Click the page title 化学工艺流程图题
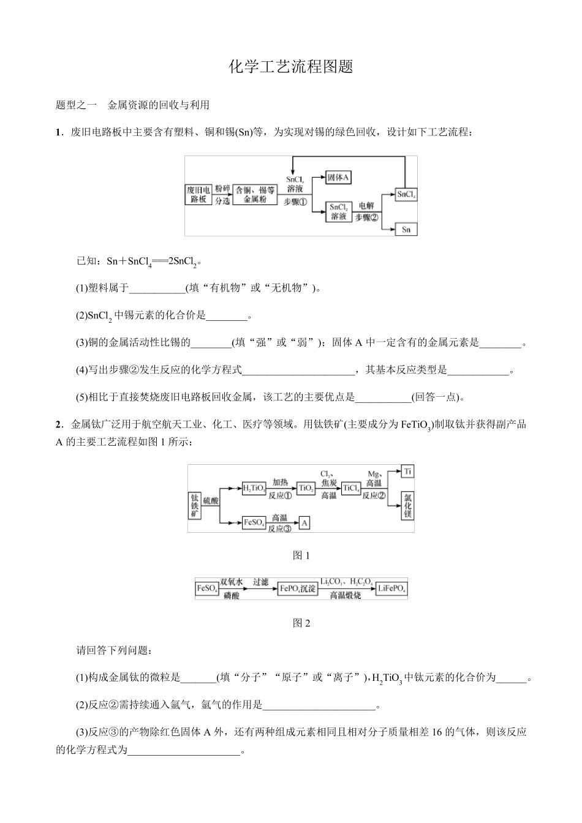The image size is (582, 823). tap(291, 67)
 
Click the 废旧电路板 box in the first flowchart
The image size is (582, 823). tap(199, 195)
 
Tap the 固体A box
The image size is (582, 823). tap(338, 178)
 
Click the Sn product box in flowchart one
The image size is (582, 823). tap(406, 230)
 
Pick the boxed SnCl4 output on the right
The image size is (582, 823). tap(406, 195)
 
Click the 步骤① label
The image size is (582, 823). tap(295, 202)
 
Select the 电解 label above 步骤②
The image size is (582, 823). tap(366, 206)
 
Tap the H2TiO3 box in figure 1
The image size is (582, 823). tap(254, 488)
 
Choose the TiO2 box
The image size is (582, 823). tap(305, 488)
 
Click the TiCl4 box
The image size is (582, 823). tap(350, 488)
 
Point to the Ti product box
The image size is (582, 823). tap(407, 471)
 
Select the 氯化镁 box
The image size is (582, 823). tap(407, 506)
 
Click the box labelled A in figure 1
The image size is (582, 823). tap(304, 522)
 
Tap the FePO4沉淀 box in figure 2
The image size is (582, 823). tap(298, 588)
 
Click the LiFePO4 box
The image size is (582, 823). tap(391, 588)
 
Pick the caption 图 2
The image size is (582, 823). tap(301, 623)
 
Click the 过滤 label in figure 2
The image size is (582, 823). tap(260, 582)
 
